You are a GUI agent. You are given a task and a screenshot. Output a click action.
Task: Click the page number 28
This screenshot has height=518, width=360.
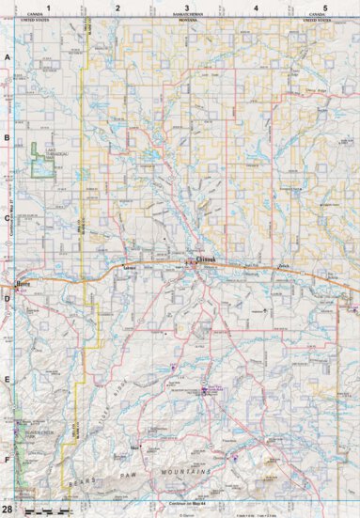[8, 509]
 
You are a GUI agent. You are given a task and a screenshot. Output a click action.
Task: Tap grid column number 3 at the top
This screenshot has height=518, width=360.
[186, 8]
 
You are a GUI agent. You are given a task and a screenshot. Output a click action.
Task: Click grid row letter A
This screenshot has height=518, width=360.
[8, 57]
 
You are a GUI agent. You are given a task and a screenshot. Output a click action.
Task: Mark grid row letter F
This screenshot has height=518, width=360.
[8, 461]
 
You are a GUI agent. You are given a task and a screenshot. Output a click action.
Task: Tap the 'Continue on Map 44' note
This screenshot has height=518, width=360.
[186, 509]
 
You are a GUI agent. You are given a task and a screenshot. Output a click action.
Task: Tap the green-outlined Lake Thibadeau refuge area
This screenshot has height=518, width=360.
[41, 161]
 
